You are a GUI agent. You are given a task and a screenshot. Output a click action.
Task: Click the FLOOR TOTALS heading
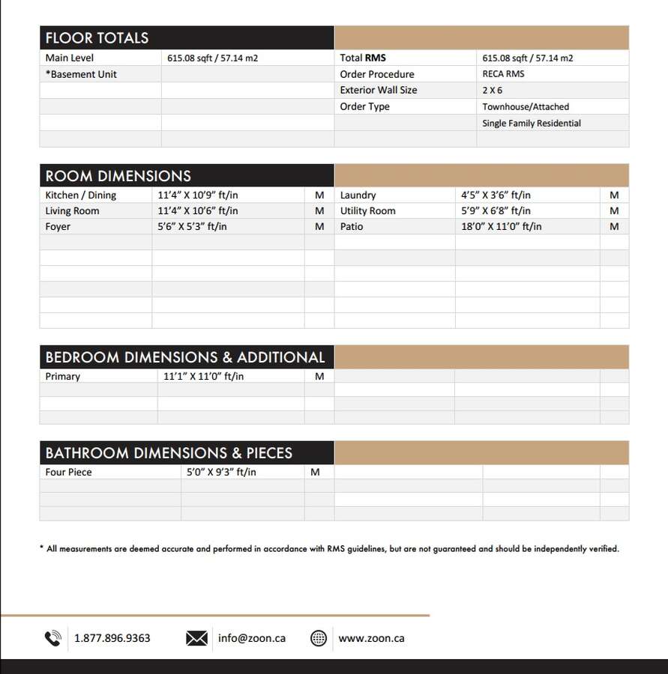pos(97,38)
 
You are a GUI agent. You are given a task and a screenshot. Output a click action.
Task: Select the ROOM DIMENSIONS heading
pos(118,176)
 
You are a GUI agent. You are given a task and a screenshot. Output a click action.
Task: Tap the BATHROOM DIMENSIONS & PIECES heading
pos(169,453)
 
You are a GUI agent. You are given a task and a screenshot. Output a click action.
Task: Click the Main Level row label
pos(70,58)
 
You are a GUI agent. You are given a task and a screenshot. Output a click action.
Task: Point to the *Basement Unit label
pos(81,74)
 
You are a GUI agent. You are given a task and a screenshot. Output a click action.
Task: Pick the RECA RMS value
pos(503,74)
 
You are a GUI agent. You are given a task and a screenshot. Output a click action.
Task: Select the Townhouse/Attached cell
pos(526,106)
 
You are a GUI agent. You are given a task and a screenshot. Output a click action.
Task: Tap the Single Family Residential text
pos(532,123)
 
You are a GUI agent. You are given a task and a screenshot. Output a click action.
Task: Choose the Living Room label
pos(72,210)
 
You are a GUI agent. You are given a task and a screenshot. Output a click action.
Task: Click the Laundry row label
pos(358,195)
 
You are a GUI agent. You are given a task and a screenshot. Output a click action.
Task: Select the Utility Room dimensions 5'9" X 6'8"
pos(496,210)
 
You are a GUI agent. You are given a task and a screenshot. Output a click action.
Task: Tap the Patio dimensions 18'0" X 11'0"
pos(501,226)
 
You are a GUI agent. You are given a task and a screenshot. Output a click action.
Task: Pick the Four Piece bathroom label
pos(68,472)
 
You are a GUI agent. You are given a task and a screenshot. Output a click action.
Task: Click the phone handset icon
pos(52,638)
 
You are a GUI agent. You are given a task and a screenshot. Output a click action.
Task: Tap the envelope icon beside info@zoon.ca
pos(196,638)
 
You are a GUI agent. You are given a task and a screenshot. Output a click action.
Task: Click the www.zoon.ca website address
pos(371,638)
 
